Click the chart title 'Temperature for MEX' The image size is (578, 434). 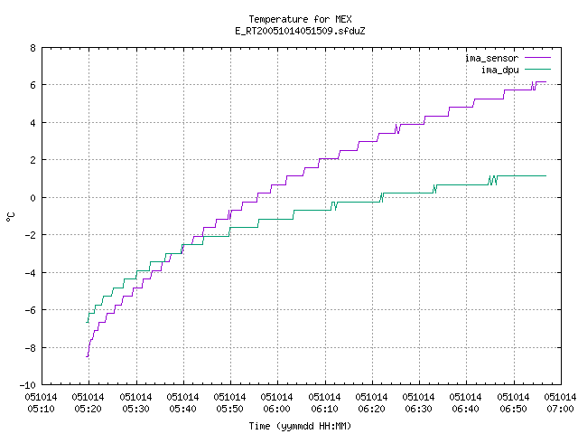pos(300,19)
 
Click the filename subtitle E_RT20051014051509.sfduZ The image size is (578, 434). pos(300,31)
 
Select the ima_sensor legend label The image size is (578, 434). pos(491,58)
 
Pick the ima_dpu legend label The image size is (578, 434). pos(499,71)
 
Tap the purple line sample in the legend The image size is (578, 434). pos(538,58)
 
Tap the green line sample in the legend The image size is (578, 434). pos(538,69)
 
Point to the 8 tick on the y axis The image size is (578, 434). pos(33,48)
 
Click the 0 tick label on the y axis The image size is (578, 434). pos(33,198)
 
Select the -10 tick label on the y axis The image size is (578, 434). pos(28,385)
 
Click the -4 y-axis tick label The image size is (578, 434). pos(30,273)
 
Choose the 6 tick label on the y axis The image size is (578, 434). pos(33,85)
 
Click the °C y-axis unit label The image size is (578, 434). pos(11,217)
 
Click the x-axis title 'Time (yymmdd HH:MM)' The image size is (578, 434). pos(300,426)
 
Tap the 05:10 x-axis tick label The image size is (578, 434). pos(41,403)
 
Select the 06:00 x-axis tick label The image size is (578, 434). pos(276,403)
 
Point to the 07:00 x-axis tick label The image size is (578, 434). pos(560,403)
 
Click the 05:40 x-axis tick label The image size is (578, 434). pos(182,403)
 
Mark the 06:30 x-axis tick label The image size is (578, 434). pos(418,403)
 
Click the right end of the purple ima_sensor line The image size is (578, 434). pos(545,82)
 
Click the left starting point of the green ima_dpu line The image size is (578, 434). pos(87,322)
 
